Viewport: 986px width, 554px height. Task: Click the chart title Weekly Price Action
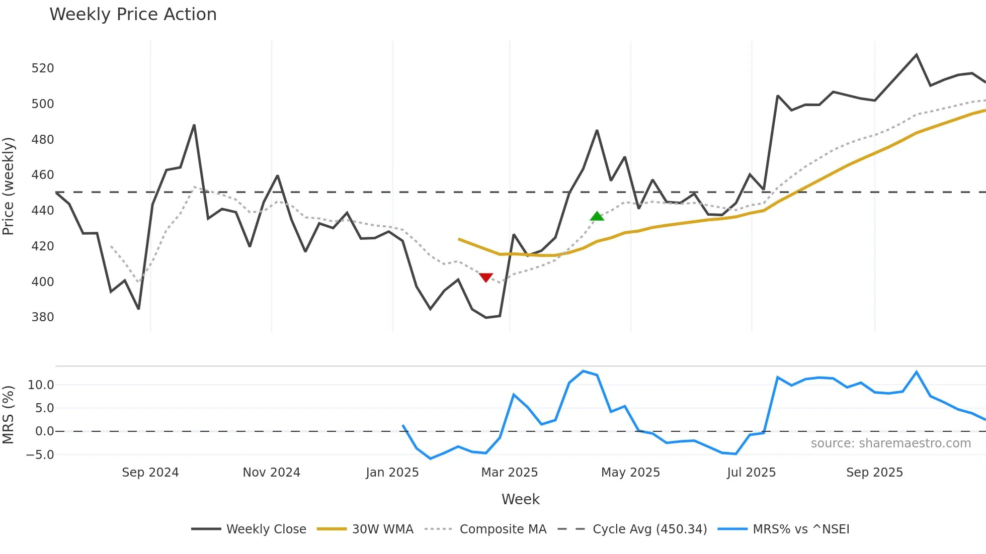[x=133, y=15]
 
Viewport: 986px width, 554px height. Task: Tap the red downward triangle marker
[x=485, y=278]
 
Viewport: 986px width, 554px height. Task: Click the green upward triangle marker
[x=597, y=216]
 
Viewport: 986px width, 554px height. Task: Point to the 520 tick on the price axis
[x=43, y=68]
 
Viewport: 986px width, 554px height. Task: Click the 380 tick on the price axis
[x=43, y=317]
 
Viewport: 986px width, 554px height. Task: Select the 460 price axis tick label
[x=43, y=175]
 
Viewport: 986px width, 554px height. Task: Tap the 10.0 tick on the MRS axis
[x=41, y=385]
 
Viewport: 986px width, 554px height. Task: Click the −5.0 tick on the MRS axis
[x=40, y=455]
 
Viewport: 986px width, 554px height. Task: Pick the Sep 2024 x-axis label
[x=150, y=473]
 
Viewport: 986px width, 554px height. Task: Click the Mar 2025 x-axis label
[x=510, y=473]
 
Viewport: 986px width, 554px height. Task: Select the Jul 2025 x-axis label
[x=752, y=473]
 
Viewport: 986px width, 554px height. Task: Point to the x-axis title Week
[x=520, y=499]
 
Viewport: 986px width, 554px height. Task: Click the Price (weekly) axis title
[x=9, y=186]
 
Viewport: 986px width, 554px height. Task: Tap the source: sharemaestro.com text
[x=891, y=443]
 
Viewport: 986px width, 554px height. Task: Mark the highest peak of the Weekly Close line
[x=916, y=55]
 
